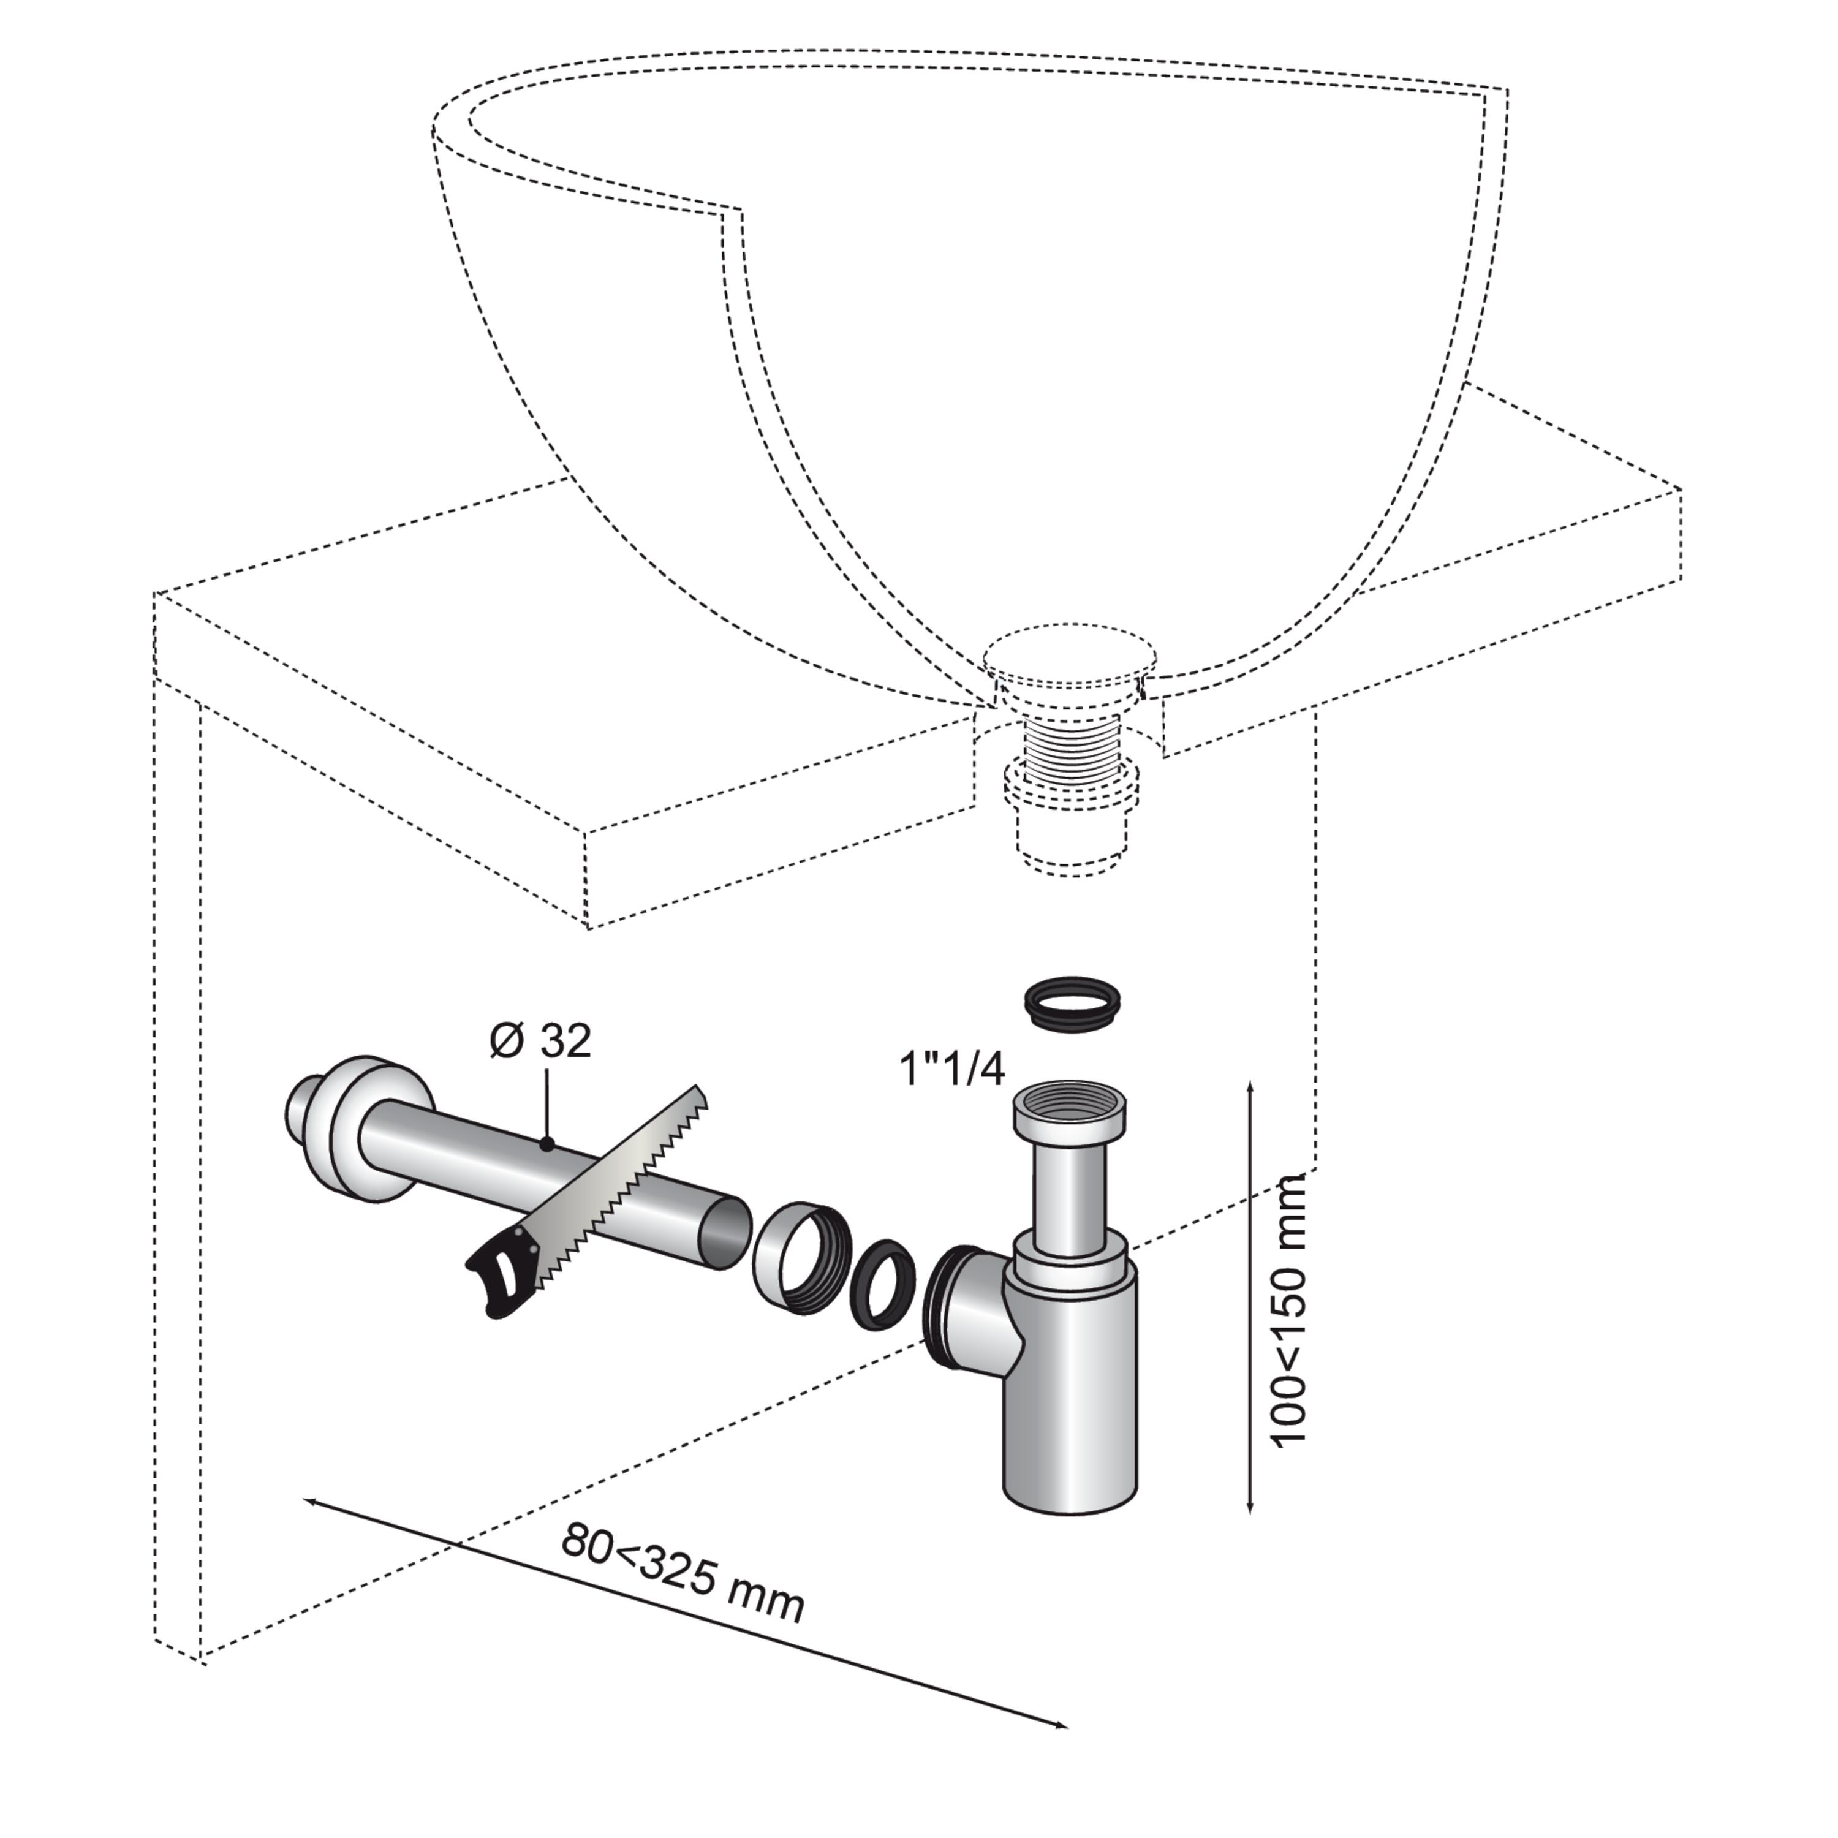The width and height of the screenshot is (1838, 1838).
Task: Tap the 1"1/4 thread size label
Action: pyautogui.click(x=952, y=1070)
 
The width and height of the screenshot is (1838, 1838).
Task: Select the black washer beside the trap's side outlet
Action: pyautogui.click(x=882, y=1284)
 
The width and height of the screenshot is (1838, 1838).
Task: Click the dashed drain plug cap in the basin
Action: pyautogui.click(x=1069, y=654)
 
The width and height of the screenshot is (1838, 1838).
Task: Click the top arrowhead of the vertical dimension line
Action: pyautogui.click(x=1250, y=1086)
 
